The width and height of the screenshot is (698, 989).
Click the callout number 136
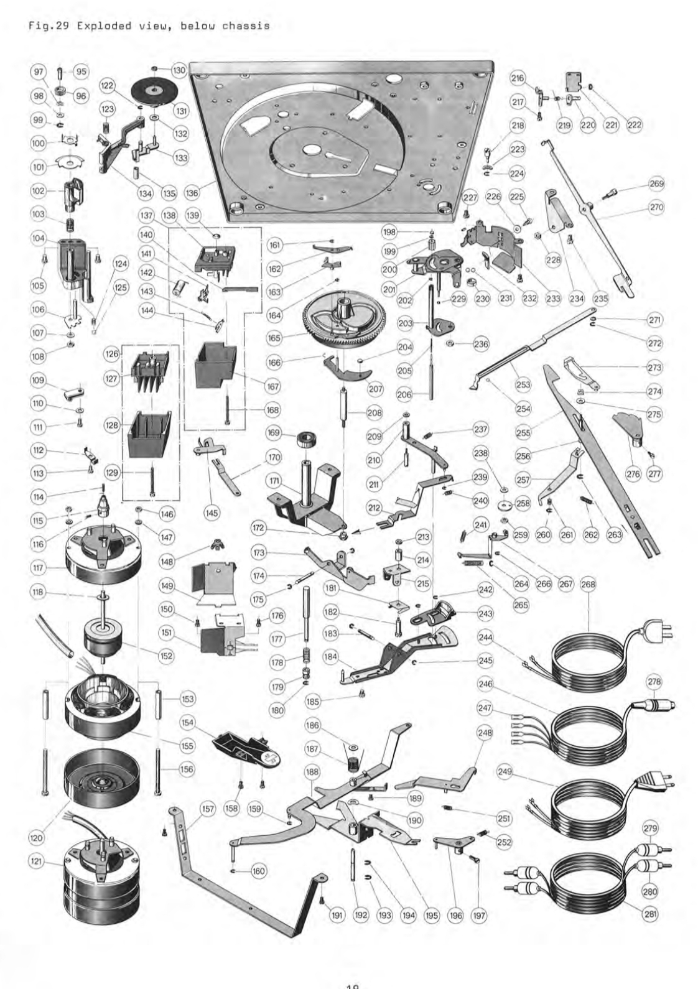192,193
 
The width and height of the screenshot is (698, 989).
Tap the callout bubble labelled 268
588,584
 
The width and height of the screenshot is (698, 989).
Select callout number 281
651,913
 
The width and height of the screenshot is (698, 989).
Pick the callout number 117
39,568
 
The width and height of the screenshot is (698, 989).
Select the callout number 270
656,208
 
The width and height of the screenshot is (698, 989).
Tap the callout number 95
81,71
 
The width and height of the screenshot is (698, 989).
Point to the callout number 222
635,125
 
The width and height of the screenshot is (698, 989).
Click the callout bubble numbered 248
485,733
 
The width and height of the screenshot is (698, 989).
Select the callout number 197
479,915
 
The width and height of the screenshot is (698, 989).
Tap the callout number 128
111,426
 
